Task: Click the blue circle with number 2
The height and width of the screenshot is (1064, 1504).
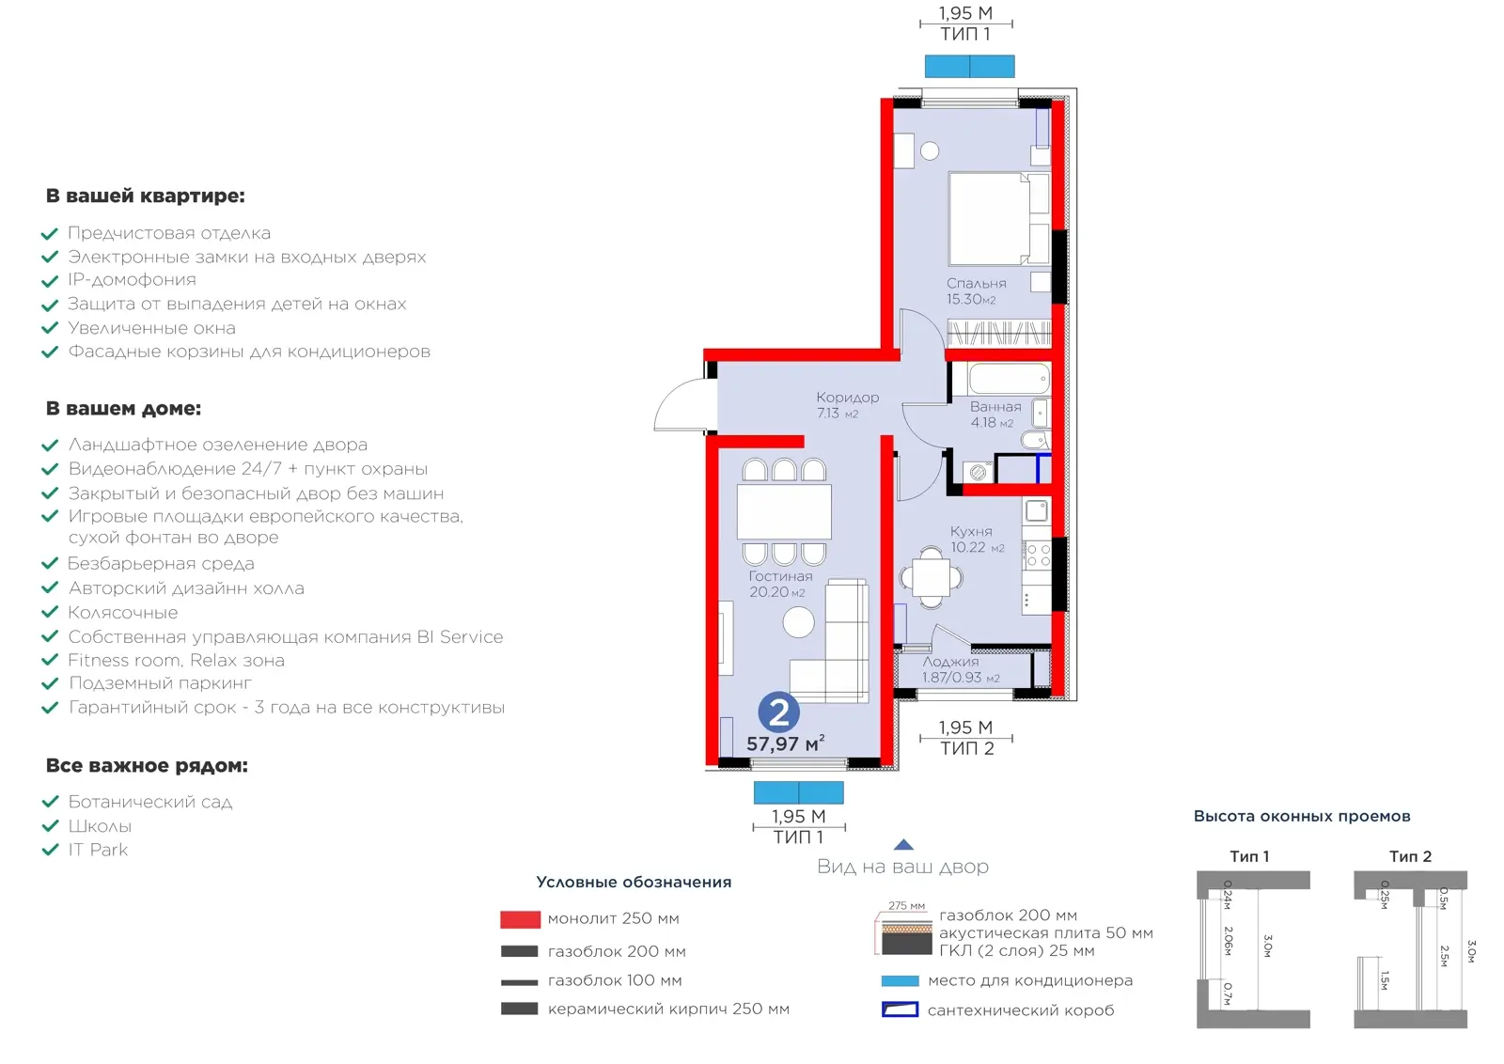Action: click(779, 712)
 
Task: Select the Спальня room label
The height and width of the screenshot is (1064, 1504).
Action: click(977, 283)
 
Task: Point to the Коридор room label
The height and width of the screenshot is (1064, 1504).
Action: click(847, 398)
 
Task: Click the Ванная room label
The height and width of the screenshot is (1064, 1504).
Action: click(995, 407)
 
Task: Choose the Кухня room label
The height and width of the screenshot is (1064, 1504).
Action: click(971, 531)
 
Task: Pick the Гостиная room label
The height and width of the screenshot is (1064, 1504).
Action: click(780, 576)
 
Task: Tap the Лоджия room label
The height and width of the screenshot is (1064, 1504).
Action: click(950, 661)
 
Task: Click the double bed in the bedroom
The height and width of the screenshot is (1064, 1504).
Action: click(998, 219)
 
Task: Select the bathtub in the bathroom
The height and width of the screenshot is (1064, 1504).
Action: click(1010, 379)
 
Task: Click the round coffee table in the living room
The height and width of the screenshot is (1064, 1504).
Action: click(798, 622)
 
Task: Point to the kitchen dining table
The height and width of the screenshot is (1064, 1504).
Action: click(932, 577)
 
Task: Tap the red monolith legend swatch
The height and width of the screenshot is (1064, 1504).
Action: click(521, 919)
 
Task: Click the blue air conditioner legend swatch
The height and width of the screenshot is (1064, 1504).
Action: click(900, 980)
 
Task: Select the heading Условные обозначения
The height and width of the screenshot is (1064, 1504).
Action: click(634, 882)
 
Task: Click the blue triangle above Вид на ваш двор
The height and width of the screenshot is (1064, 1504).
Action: click(903, 844)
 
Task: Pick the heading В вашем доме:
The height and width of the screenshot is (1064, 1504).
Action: click(123, 408)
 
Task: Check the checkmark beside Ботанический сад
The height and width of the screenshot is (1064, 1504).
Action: click(51, 802)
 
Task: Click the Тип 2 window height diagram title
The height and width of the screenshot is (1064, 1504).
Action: click(1410, 856)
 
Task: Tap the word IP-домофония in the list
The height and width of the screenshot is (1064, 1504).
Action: click(132, 280)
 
